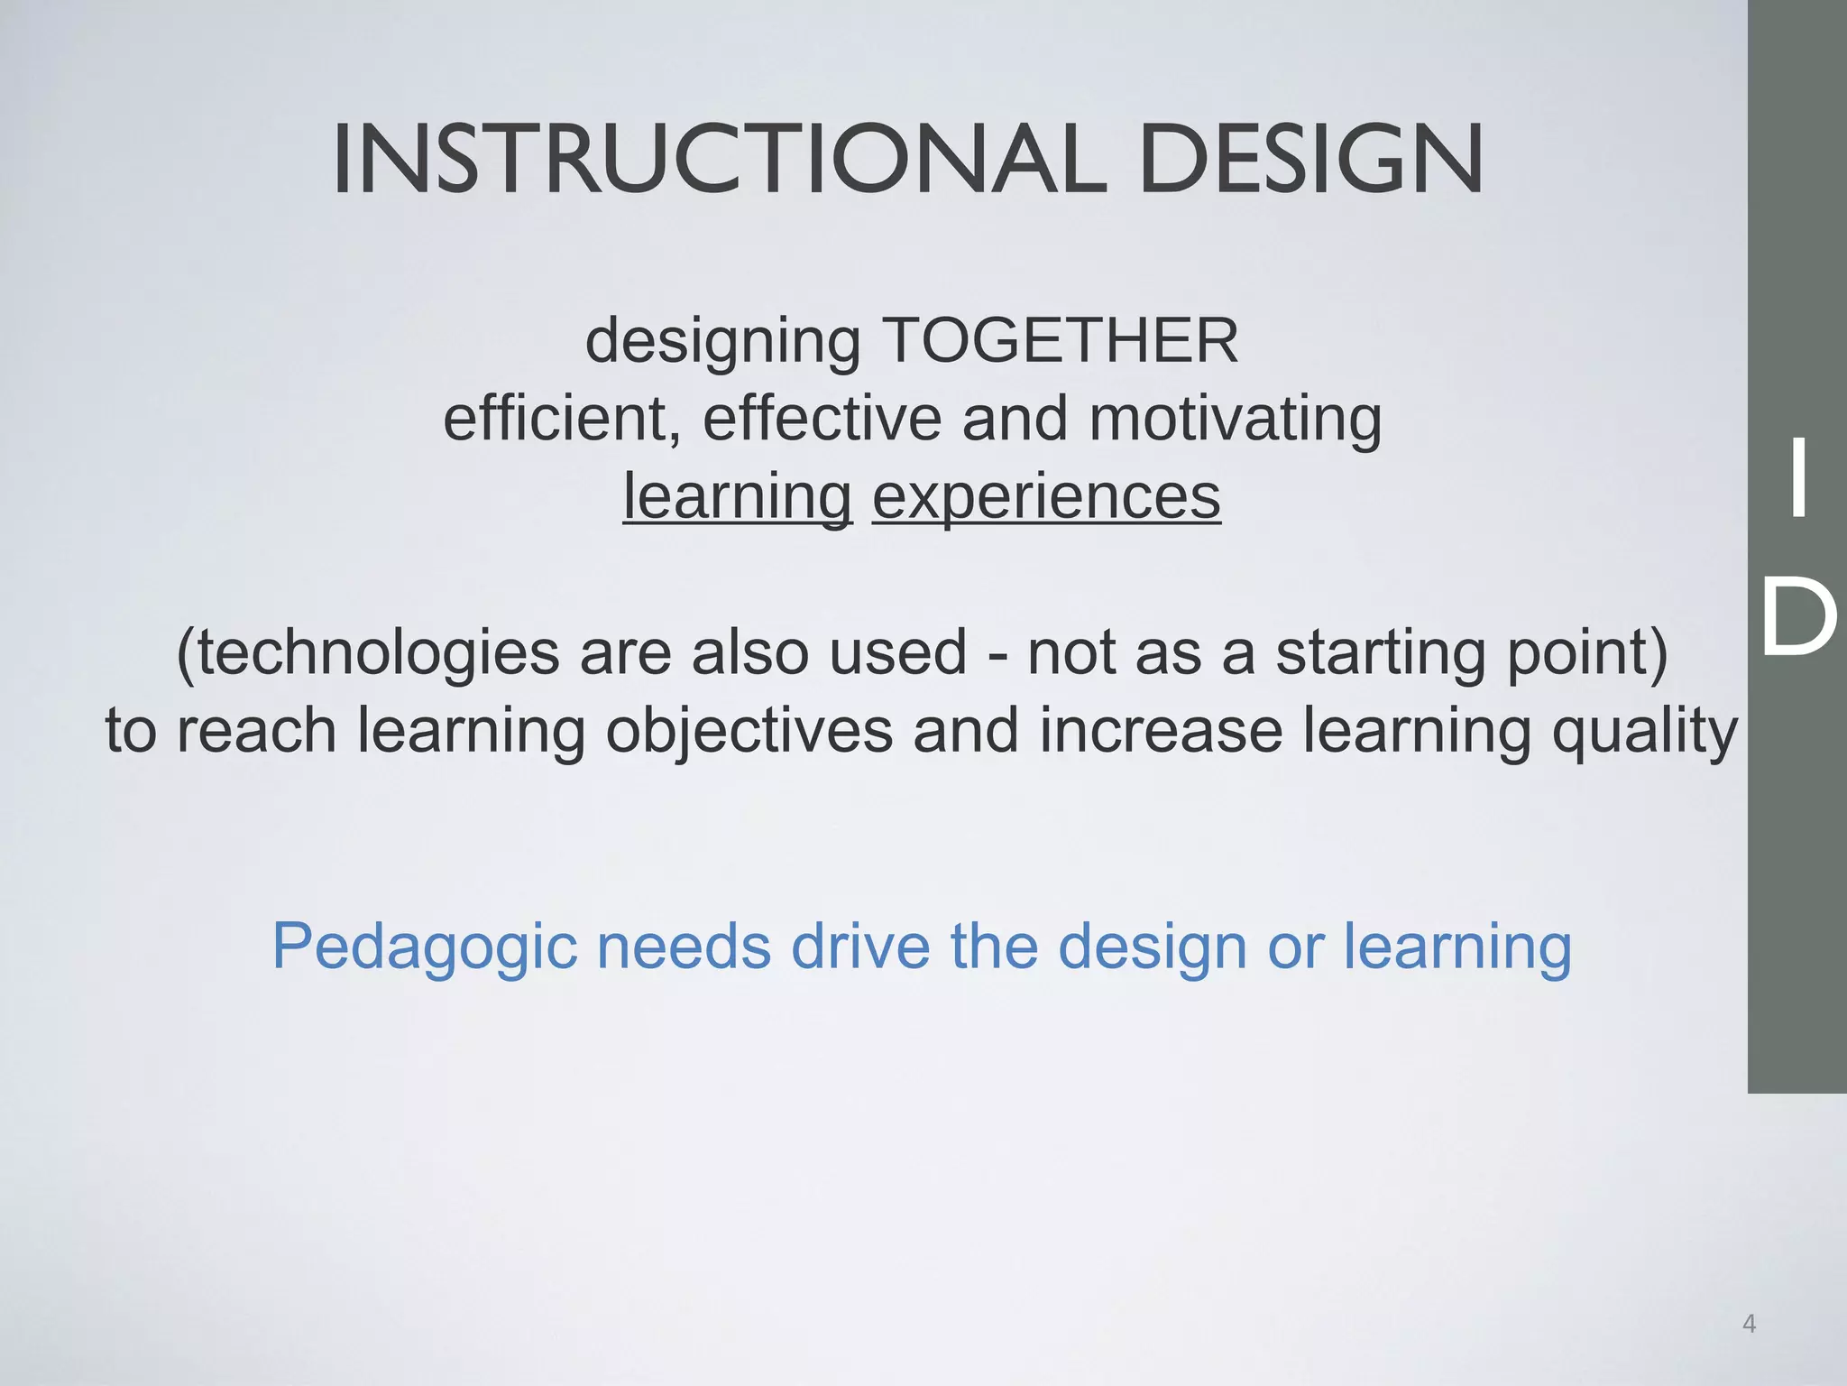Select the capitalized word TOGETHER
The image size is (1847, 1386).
click(x=1060, y=341)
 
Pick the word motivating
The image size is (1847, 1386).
click(x=1236, y=420)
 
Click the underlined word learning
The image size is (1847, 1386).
click(x=737, y=497)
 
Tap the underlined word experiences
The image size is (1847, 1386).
click(x=1046, y=497)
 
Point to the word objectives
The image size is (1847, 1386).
click(x=749, y=731)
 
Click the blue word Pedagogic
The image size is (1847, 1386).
click(x=424, y=948)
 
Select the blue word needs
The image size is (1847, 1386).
click(x=685, y=947)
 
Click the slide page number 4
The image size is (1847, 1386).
click(x=1749, y=1324)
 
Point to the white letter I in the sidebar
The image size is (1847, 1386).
click(x=1798, y=478)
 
